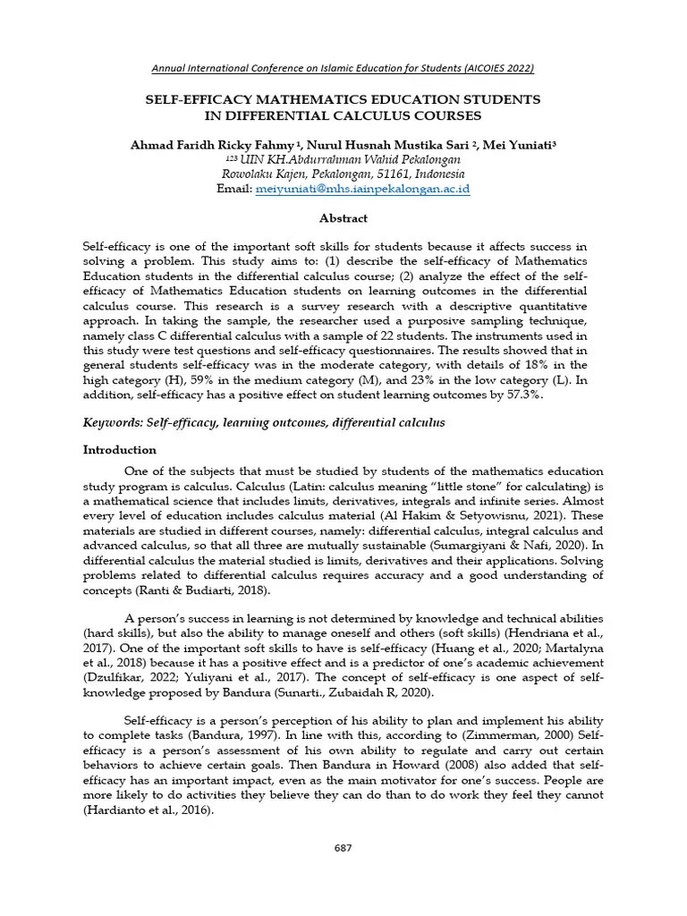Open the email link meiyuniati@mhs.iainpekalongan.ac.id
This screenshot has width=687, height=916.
pyautogui.click(x=362, y=190)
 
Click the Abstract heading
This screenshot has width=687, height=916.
pyautogui.click(x=343, y=218)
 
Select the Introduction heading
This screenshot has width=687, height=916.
pyautogui.click(x=120, y=450)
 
